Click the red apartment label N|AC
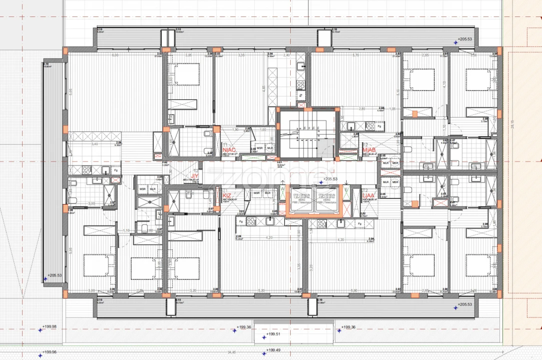tap(229, 150)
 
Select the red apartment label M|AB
tap(369, 150)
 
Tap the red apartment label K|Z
tap(227, 195)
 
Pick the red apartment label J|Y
tap(195, 176)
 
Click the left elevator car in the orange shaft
tap(299, 199)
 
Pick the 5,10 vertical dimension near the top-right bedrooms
tap(398, 91)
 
